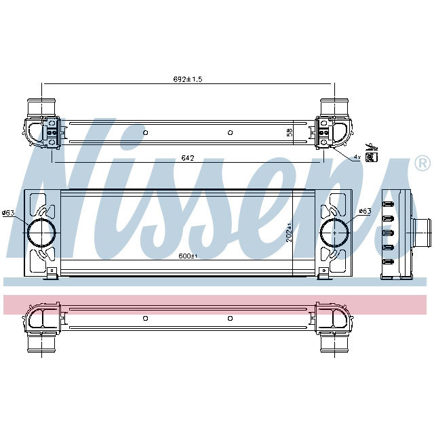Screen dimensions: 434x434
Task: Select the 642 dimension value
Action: tap(188, 158)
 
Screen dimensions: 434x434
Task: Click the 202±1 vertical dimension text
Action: tap(288, 233)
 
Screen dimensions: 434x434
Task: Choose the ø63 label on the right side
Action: tap(364, 211)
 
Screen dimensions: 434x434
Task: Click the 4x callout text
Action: tap(357, 157)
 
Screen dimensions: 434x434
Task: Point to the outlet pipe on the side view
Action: tap(425, 233)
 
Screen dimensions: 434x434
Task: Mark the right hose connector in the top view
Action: tap(334, 107)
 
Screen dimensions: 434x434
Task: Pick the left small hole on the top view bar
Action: tap(145, 132)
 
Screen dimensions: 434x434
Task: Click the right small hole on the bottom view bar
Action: tap(231, 317)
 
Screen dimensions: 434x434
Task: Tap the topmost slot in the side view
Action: tap(389, 205)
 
